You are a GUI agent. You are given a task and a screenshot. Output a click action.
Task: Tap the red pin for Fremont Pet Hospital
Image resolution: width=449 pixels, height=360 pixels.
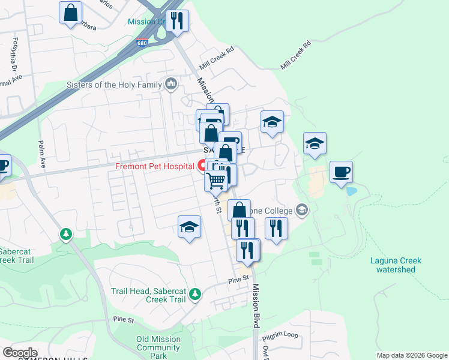point(202,165)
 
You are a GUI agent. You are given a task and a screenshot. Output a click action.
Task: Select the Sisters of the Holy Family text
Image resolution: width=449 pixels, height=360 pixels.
point(114,85)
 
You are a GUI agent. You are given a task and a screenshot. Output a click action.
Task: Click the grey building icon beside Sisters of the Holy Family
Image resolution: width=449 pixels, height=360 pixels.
point(171,83)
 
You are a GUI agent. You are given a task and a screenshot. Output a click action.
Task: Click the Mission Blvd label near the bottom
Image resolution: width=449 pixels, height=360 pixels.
point(256,306)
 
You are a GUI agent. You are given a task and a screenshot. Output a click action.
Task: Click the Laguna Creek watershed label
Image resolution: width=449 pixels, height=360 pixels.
point(396,265)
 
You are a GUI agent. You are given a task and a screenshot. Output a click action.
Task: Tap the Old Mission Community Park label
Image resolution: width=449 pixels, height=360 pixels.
point(158,347)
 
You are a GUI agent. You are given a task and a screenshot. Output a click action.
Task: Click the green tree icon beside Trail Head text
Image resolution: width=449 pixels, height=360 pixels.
point(194,293)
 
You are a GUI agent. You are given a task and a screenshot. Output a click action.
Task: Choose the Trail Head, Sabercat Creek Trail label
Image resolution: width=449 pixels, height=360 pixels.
point(148,295)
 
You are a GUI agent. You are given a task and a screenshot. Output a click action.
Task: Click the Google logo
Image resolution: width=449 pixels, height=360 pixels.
point(20,353)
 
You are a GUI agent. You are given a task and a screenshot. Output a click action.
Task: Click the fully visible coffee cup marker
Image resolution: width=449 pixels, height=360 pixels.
point(341,172)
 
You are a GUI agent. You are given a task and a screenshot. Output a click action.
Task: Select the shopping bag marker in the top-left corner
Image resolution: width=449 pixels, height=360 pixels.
point(71,13)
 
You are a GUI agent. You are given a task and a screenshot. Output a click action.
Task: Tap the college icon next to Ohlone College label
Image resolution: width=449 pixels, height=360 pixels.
point(301,210)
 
